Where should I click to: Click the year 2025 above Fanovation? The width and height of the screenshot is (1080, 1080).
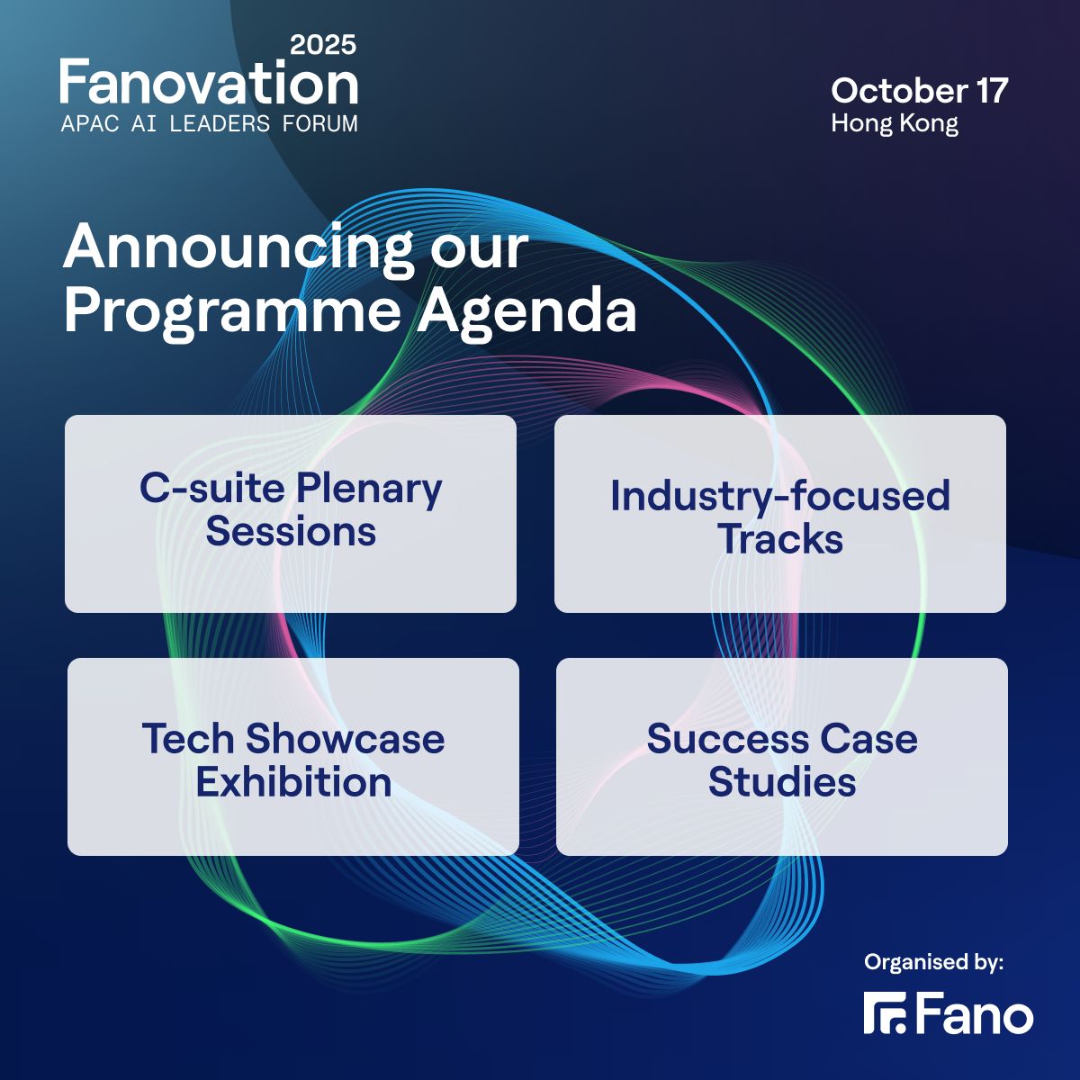coord(323,44)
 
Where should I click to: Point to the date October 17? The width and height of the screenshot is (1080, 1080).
coord(919,90)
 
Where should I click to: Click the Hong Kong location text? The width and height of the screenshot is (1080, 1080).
coord(894,122)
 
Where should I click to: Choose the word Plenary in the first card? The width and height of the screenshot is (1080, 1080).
coord(369,489)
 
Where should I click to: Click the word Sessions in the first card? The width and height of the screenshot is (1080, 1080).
coord(291,531)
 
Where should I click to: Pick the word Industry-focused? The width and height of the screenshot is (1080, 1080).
coord(779,496)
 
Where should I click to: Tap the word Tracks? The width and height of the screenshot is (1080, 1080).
coord(779,539)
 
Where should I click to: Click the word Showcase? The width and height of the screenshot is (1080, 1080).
coord(345,739)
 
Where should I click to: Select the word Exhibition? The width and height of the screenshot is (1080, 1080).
coord(293,782)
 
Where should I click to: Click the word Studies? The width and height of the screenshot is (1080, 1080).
coord(781,782)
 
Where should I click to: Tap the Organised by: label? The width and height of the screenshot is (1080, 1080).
coord(933,962)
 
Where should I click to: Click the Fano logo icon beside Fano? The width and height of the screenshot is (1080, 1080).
coord(886,1013)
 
